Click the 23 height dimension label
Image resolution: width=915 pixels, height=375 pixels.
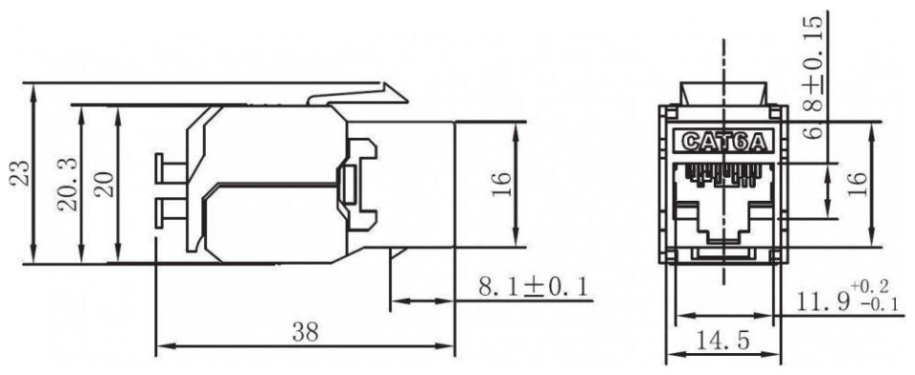[x=22, y=172]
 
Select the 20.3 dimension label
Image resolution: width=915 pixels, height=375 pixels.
[x=69, y=185]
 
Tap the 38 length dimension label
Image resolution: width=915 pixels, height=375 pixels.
[x=305, y=332]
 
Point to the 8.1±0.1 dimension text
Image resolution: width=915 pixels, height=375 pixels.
[x=533, y=287]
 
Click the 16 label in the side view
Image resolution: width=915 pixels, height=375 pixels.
[x=501, y=185]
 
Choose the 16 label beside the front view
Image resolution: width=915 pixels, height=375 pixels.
[x=857, y=185]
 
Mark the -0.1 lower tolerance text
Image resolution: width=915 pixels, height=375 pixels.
[x=880, y=305]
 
